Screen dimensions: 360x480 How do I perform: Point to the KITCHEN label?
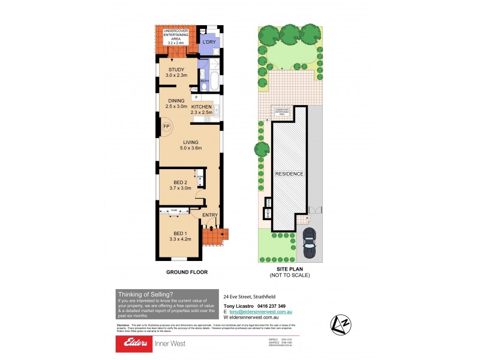click(x=202, y=107)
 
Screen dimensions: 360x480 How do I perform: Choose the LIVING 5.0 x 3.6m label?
click(x=190, y=145)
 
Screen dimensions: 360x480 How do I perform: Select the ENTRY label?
click(x=210, y=215)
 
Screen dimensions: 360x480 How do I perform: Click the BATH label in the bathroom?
click(x=204, y=80)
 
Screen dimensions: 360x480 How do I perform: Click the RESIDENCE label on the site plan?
click(x=289, y=174)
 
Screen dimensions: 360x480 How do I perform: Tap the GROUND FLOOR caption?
click(x=187, y=272)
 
